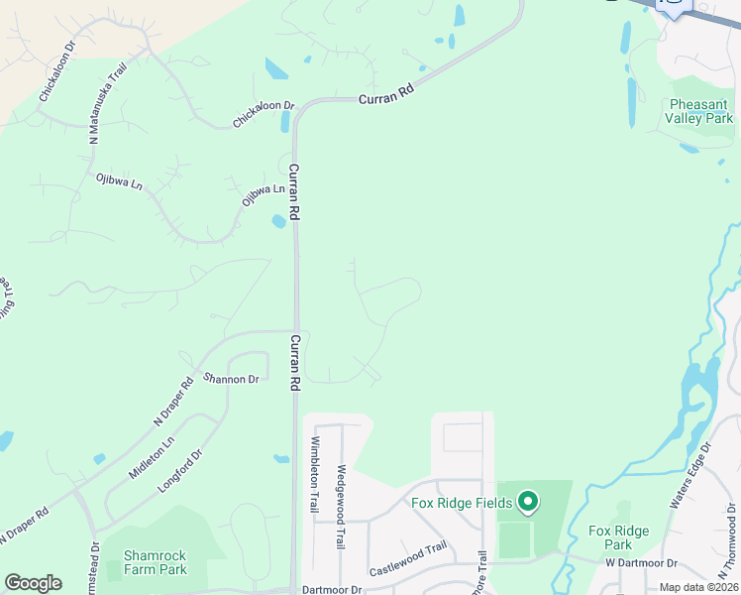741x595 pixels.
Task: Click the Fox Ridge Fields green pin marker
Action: (x=528, y=502)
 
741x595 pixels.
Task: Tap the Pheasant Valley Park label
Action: (x=700, y=111)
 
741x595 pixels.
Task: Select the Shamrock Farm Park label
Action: (x=156, y=562)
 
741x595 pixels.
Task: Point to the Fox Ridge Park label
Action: (x=617, y=537)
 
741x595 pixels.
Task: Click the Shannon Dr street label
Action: (x=230, y=378)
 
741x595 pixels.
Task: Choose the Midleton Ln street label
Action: (x=151, y=458)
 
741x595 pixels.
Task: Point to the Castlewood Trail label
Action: (x=408, y=560)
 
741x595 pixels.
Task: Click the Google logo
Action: (x=33, y=583)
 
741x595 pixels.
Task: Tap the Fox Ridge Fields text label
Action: (x=462, y=502)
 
